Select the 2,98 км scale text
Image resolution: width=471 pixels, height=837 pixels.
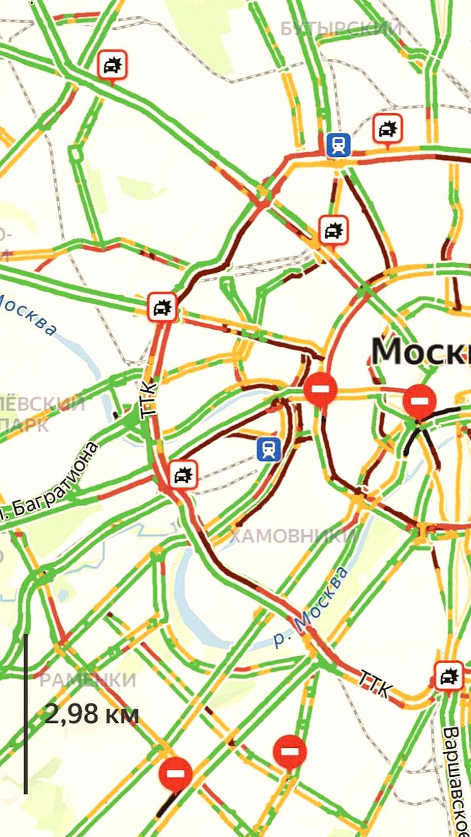pos(92,714)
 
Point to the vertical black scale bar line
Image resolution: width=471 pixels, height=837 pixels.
pos(26,713)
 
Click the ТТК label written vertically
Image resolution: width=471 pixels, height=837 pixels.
pos(150,398)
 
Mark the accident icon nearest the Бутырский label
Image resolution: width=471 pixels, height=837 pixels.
pos(387,128)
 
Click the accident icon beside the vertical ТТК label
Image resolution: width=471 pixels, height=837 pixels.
pos(162,306)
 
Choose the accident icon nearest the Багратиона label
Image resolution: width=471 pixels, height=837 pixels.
pos(183,474)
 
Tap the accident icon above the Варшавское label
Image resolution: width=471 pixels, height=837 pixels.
pos(449,675)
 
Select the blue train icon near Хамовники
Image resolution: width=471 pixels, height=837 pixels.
pos(268,448)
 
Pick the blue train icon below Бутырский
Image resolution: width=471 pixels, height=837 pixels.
pos(338,145)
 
